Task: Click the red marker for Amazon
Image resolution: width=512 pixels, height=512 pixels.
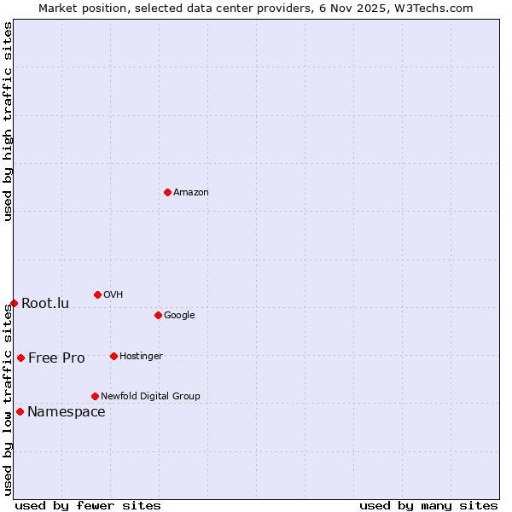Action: tap(167, 192)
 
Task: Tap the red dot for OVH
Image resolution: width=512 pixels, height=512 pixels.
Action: tap(97, 294)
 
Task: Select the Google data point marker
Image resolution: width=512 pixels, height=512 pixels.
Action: tap(158, 315)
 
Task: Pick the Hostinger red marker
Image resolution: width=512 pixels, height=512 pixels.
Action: tap(113, 356)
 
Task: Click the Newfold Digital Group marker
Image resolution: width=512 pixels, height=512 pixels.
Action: tap(95, 396)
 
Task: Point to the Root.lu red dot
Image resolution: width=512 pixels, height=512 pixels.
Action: tap(14, 303)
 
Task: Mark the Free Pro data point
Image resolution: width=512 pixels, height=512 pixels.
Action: tap(20, 358)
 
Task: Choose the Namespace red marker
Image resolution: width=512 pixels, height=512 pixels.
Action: tap(20, 411)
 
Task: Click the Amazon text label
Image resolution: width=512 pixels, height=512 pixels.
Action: tap(191, 193)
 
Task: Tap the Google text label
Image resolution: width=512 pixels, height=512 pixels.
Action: tap(179, 316)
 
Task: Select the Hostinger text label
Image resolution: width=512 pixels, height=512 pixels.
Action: tap(141, 357)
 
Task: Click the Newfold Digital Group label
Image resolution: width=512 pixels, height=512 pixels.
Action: tap(150, 397)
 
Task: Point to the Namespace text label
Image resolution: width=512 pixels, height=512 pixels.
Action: tap(67, 412)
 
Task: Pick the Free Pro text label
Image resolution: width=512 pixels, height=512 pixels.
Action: tap(56, 358)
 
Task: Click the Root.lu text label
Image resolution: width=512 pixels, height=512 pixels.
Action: tap(45, 304)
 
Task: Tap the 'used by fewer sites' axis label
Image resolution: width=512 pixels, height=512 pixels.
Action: tap(88, 505)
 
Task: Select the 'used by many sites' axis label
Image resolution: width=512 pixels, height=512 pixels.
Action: tap(428, 505)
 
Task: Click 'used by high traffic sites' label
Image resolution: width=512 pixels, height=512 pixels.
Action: tap(8, 121)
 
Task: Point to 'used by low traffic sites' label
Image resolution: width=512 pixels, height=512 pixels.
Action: tap(8, 399)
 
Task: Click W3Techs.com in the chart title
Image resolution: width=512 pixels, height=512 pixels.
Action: tap(439, 8)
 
